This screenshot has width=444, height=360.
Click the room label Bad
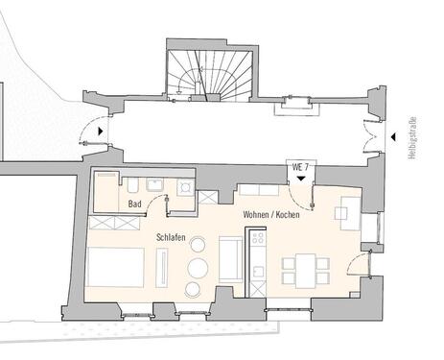[x=136, y=204]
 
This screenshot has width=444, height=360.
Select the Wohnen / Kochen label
[x=271, y=214]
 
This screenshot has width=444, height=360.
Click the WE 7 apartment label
[x=300, y=166]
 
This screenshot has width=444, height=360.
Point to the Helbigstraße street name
[x=411, y=138]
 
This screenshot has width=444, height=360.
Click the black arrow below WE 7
[x=301, y=178]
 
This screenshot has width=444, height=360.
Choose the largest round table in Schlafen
[x=199, y=266]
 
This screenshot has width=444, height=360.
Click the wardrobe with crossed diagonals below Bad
[x=115, y=224]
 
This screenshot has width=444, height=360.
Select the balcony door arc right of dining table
[x=360, y=260]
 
